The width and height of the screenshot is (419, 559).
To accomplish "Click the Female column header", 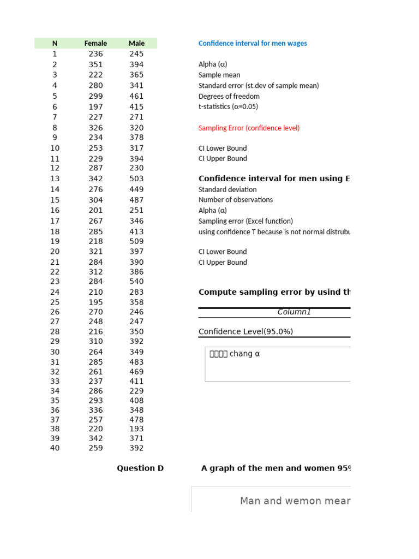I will [95, 43].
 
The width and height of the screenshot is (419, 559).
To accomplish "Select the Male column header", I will [136, 43].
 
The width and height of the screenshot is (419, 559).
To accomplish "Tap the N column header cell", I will [55, 43].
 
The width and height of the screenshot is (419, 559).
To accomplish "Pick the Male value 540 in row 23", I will [136, 282].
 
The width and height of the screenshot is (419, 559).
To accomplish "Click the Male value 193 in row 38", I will [136, 429].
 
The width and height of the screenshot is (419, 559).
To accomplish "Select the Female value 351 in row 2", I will [95, 64].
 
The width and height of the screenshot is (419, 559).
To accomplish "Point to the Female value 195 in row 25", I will [95, 302].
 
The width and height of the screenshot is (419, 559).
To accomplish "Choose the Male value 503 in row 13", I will [136, 179].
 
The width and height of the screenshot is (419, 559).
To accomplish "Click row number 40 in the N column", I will [55, 448].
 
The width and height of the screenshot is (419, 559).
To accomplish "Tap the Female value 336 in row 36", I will [95, 410].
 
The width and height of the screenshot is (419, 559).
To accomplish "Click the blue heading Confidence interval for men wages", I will [253, 44].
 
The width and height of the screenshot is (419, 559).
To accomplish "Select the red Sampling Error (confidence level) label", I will [249, 128].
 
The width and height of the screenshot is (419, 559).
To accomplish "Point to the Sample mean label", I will [219, 75].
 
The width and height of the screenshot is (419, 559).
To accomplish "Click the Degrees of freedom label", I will [229, 97].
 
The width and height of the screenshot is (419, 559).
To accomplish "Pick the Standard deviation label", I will [228, 189].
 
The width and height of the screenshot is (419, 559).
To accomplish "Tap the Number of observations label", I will [236, 200].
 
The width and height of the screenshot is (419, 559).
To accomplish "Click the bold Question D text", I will [140, 468].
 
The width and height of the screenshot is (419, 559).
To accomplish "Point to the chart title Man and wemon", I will [295, 501].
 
